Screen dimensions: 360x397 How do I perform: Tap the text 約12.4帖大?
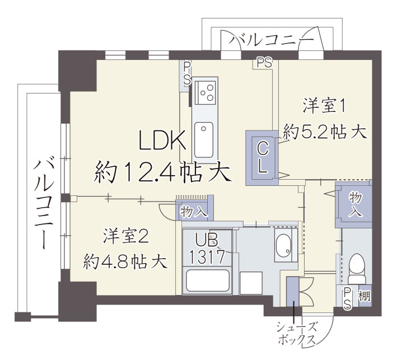coord(163,172)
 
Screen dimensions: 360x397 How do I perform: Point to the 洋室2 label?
coord(125,236)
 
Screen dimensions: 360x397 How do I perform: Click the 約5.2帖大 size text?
coord(325,132)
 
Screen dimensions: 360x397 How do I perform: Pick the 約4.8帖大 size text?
coord(125,261)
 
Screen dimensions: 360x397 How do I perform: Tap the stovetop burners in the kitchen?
coord(205,92)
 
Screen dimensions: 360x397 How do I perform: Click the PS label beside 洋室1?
coord(264,63)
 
